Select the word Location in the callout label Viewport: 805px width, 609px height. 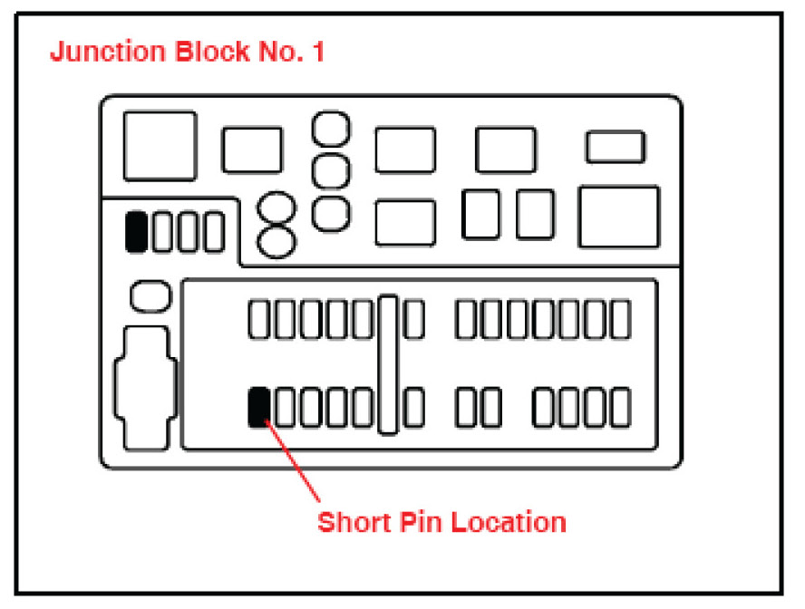click(509, 523)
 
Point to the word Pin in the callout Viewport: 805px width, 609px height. click(424, 523)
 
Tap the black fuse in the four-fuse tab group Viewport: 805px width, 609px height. click(136, 231)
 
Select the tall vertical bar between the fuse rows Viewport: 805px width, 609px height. click(389, 363)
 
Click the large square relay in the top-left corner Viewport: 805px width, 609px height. click(160, 146)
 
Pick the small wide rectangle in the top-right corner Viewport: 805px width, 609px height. click(616, 147)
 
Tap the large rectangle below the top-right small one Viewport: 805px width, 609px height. click(618, 217)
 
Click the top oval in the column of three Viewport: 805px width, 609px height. click(331, 129)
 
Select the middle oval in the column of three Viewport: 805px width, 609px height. click(331, 169)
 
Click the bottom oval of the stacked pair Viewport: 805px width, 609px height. click(276, 241)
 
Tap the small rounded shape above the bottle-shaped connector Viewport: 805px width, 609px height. click(150, 295)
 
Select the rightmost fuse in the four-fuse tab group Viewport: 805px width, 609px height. click(214, 231)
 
